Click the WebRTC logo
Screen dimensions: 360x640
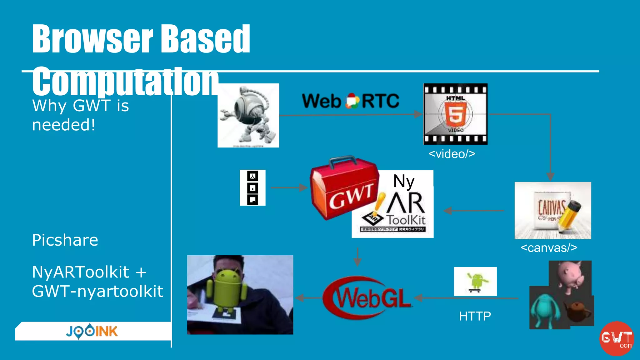click(350, 101)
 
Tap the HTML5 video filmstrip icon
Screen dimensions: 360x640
click(455, 114)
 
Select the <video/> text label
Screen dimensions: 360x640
click(452, 154)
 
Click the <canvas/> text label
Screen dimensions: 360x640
click(549, 248)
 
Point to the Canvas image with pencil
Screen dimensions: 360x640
click(553, 210)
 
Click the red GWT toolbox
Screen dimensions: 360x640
click(344, 189)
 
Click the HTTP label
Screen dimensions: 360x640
click(475, 316)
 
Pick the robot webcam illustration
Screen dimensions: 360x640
click(248, 115)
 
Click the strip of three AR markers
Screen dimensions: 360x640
click(252, 188)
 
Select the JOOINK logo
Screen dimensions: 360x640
click(92, 331)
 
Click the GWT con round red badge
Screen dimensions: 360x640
click(616, 338)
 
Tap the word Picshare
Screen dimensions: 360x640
click(65, 240)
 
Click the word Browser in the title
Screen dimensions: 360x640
click(92, 39)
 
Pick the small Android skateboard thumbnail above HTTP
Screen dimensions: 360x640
click(475, 281)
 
